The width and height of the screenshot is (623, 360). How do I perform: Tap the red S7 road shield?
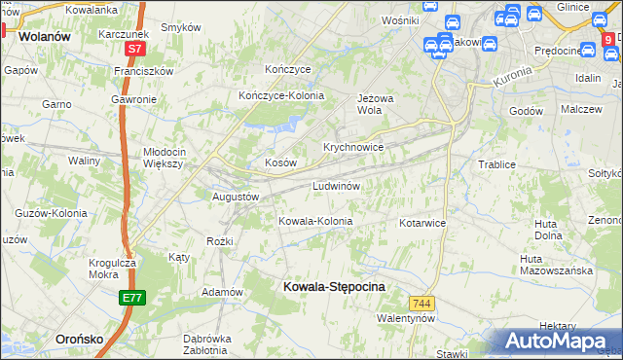[134, 48]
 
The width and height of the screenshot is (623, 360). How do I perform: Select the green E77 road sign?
[132, 298]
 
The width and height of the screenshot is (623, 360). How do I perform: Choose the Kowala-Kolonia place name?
[315, 221]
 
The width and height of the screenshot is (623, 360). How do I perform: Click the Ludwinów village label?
[337, 185]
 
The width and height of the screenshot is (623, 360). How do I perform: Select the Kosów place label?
[280, 162]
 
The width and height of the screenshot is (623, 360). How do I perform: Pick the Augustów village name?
[236, 196]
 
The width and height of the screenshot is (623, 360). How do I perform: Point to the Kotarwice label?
[422, 223]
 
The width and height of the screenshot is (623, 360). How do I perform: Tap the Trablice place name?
[495, 164]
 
